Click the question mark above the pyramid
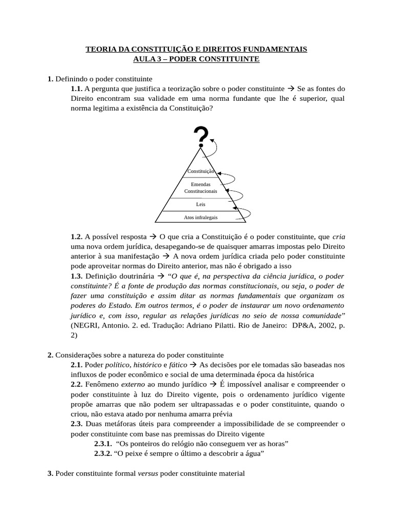click(x=201, y=136)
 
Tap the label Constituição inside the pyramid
click(x=201, y=171)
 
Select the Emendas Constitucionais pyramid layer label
click(x=201, y=187)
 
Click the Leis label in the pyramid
click(x=201, y=204)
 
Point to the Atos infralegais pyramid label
click(x=201, y=217)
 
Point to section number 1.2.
click(x=77, y=237)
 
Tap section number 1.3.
click(x=77, y=276)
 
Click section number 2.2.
click(x=77, y=384)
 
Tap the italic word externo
click(x=133, y=384)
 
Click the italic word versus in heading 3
click(x=148, y=474)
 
